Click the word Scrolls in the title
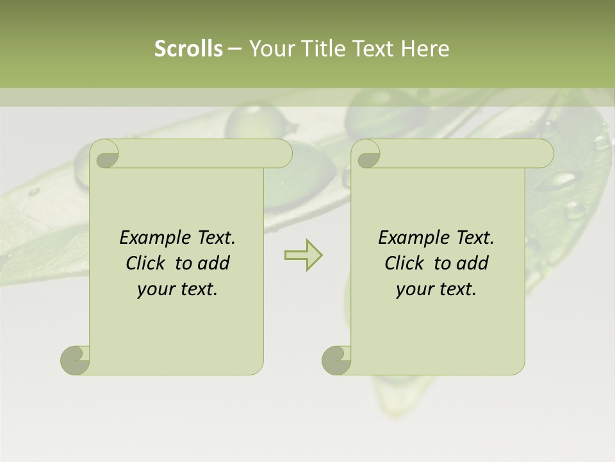188,48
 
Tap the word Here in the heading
425,48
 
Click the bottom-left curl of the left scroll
76,359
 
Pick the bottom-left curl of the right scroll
337,359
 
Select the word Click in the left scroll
147,263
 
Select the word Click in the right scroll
406,263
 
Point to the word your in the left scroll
154,289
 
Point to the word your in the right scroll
413,289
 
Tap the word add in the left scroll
213,263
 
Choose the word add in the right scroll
472,263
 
